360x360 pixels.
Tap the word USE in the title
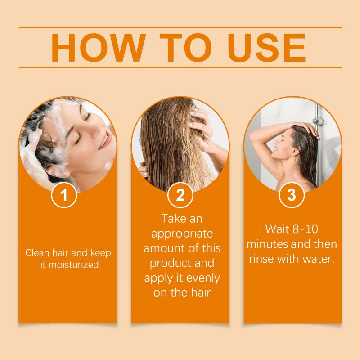coord(266,48)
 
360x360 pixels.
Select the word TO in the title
coord(186,48)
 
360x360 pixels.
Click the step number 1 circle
coord(64,195)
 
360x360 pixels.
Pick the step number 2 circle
coord(180,195)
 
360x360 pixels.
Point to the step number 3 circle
coord(292,195)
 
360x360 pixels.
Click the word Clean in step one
coord(37,253)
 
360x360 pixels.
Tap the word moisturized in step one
coord(74,265)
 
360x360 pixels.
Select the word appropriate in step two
coord(182,234)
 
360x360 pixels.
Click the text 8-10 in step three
coord(306,229)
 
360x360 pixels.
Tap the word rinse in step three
coord(262,259)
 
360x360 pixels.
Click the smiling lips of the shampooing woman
coord(106,139)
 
